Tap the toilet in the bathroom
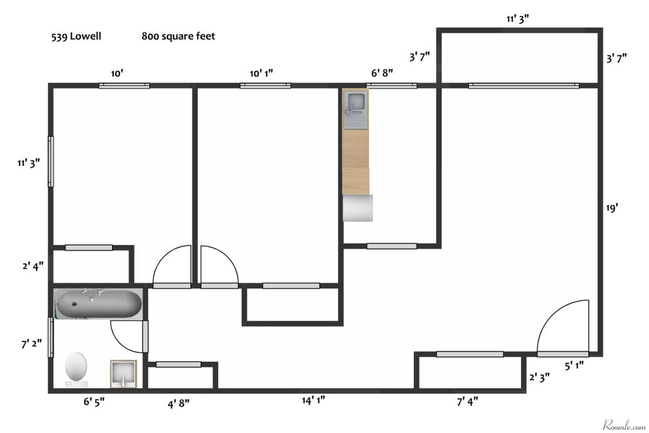point(76,369)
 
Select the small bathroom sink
point(123,374)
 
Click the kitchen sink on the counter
point(355,110)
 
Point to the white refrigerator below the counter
point(357,208)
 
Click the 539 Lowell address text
point(76,37)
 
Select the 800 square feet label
point(178,37)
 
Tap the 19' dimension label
point(612,208)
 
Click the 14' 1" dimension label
point(314,401)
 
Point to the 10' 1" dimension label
point(261,74)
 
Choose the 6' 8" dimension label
point(382,73)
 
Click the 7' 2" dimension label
point(31,344)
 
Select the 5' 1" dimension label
point(574,366)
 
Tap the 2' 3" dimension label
point(540,377)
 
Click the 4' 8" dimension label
point(178,403)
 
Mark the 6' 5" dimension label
point(94,402)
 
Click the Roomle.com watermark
point(624,425)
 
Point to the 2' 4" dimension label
point(33,266)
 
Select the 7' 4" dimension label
point(467,402)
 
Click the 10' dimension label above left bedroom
point(117,74)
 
